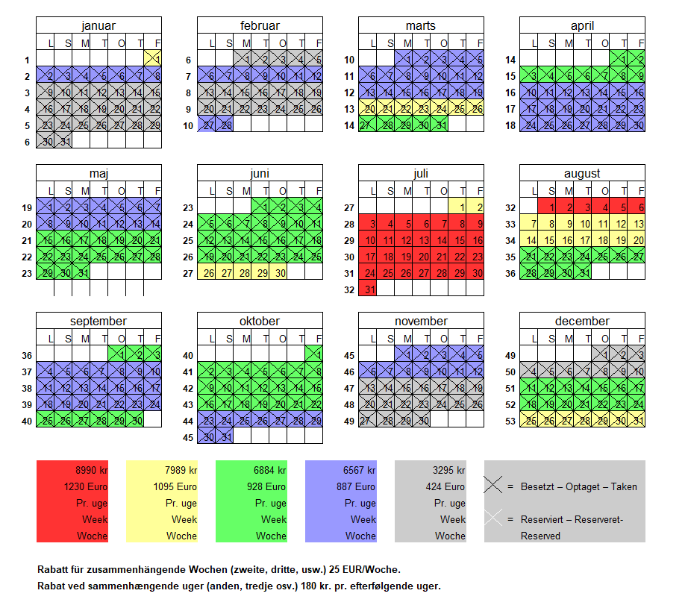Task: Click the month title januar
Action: tap(98, 26)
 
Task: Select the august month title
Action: tap(582, 174)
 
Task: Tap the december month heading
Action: tap(582, 322)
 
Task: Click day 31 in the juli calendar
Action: tap(367, 289)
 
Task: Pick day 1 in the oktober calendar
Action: tap(319, 355)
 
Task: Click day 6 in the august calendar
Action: tap(639, 207)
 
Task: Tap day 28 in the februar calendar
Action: tap(225, 125)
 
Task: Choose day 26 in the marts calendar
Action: tap(478, 109)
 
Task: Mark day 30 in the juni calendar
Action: tap(281, 273)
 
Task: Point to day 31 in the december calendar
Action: tap(639, 421)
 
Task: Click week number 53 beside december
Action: tap(511, 421)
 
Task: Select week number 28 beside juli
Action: tap(350, 224)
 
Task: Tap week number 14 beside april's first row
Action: tap(511, 60)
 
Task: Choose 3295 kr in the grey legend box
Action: tap(449, 470)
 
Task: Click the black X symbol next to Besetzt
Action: tap(492, 486)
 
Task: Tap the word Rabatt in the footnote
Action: tap(53, 569)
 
